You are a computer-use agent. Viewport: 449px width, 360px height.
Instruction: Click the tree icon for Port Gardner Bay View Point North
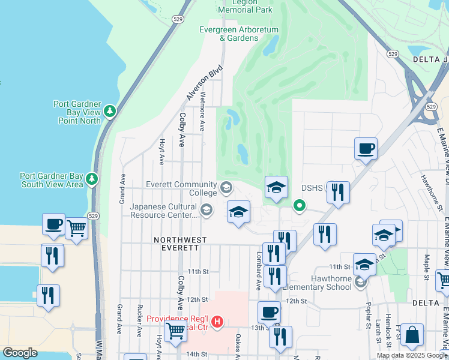coord(110,111)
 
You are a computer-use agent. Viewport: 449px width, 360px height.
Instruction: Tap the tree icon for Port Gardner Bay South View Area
coord(91,178)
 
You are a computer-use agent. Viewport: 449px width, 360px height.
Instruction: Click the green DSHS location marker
coord(298,207)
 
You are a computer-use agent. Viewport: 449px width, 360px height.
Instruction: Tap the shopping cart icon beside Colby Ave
coord(175,329)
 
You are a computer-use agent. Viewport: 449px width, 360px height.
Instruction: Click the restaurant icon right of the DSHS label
coord(338,192)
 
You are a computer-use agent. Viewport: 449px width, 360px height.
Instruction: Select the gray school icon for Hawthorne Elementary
coord(360,281)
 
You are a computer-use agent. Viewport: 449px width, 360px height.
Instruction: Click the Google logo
coord(20,353)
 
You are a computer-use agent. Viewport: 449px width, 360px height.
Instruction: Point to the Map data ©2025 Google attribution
coord(412,355)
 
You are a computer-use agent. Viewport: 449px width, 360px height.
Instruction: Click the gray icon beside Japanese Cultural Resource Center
coord(206,209)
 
